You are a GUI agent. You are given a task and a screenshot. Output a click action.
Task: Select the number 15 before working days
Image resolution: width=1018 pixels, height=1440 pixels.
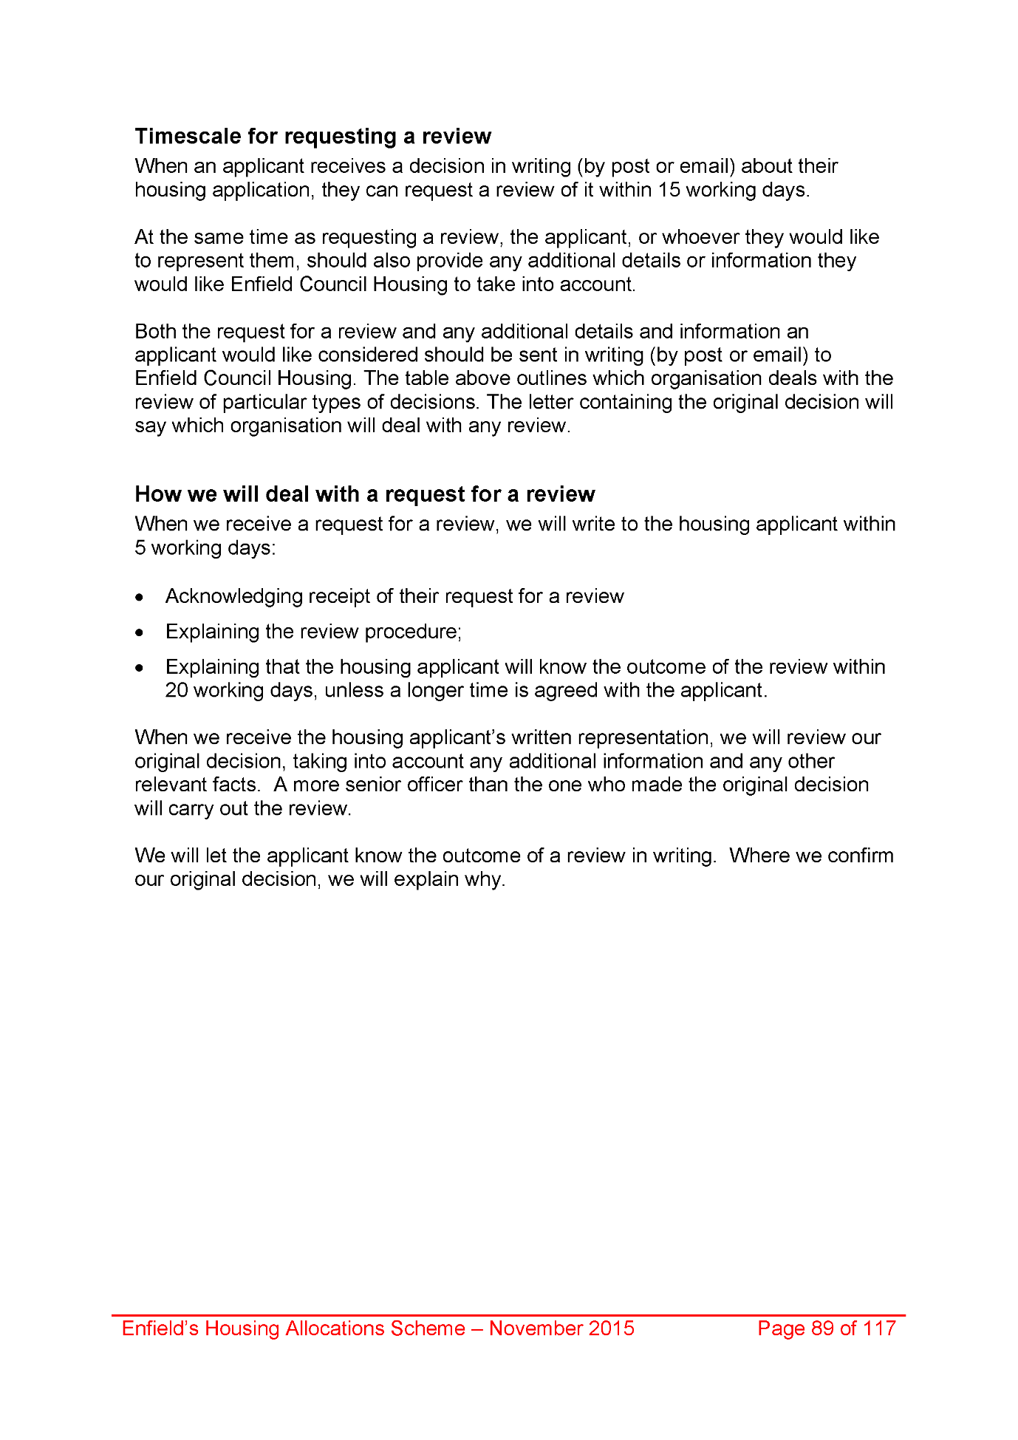(669, 190)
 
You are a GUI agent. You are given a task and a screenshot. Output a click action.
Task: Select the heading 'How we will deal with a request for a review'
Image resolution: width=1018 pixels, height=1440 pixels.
(364, 494)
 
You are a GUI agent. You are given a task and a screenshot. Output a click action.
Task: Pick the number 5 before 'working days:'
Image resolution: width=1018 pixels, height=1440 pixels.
(140, 548)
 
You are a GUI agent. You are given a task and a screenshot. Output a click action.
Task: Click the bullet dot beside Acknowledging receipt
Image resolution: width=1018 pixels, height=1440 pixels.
(140, 597)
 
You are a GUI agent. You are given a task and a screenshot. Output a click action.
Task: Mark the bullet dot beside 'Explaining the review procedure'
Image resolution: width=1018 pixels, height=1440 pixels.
(140, 632)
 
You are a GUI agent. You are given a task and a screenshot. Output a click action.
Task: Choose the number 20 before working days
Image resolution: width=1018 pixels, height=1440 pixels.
(177, 691)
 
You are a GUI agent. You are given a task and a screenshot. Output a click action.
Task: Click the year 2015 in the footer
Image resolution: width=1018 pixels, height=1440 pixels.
(610, 1328)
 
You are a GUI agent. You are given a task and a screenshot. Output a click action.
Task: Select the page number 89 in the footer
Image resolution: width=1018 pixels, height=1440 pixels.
(822, 1328)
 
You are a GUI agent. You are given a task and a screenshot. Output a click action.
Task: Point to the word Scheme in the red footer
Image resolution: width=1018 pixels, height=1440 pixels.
(428, 1328)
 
